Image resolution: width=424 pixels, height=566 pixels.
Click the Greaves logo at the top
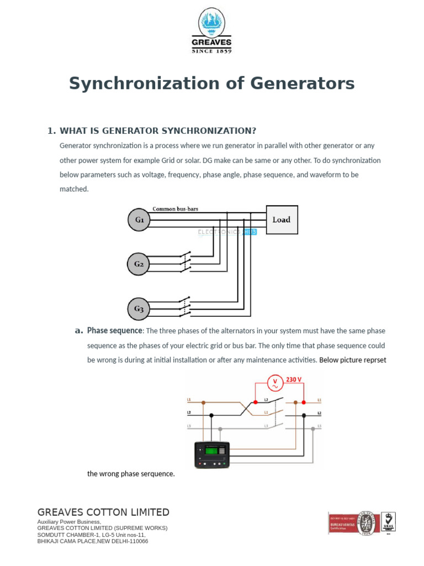click(x=211, y=30)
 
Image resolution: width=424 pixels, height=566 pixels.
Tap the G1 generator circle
click(x=139, y=219)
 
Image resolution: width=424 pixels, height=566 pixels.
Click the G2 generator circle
click(x=139, y=264)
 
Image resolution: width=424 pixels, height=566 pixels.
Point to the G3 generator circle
click(x=139, y=309)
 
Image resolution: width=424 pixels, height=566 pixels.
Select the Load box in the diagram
click(x=282, y=219)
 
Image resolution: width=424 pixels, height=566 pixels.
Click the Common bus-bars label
click(x=175, y=209)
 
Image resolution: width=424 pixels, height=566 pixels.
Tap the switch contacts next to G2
click(x=185, y=263)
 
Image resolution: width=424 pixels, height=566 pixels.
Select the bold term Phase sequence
click(x=115, y=331)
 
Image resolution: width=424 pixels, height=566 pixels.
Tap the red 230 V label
click(x=293, y=380)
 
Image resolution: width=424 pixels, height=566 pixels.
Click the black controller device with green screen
click(x=211, y=454)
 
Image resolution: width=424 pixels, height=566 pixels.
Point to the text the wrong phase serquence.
click(x=131, y=474)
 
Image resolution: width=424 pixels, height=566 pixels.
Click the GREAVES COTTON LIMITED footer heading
click(x=103, y=512)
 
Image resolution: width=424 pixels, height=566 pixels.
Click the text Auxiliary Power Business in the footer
click(x=68, y=522)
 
